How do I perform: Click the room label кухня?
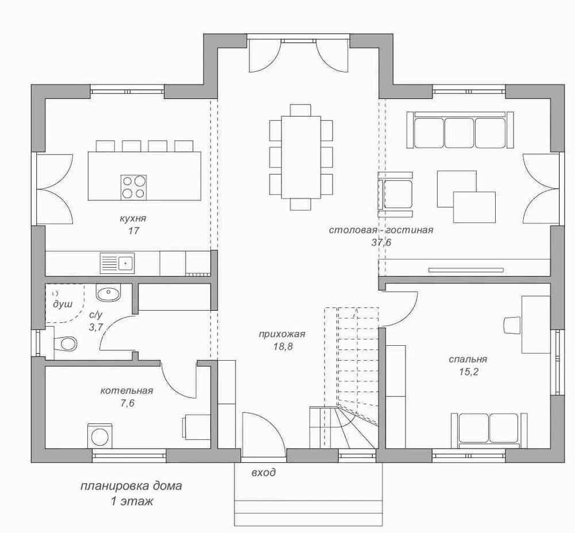pyautogui.click(x=133, y=219)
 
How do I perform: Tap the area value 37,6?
pyautogui.click(x=381, y=242)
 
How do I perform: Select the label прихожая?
pyautogui.click(x=282, y=334)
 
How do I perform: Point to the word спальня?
pyautogui.click(x=468, y=359)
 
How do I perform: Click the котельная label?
pyautogui.click(x=126, y=391)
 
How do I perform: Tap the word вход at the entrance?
pyautogui.click(x=263, y=473)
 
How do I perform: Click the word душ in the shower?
pyautogui.click(x=63, y=304)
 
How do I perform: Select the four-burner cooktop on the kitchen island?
pyautogui.click(x=133, y=187)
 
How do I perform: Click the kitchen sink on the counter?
pyautogui.click(x=117, y=263)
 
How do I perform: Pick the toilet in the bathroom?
pyautogui.click(x=65, y=343)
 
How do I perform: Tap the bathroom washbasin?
pyautogui.click(x=108, y=293)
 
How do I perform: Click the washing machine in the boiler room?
pyautogui.click(x=100, y=436)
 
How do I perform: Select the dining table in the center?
pyautogui.click(x=301, y=157)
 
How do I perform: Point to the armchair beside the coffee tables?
pyautogui.click(x=395, y=194)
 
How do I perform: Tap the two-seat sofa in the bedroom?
pyautogui.click(x=489, y=430)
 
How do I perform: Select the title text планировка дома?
pyautogui.click(x=131, y=486)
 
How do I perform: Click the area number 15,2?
pyautogui.click(x=468, y=372)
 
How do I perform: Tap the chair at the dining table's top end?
pyautogui.click(x=300, y=110)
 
